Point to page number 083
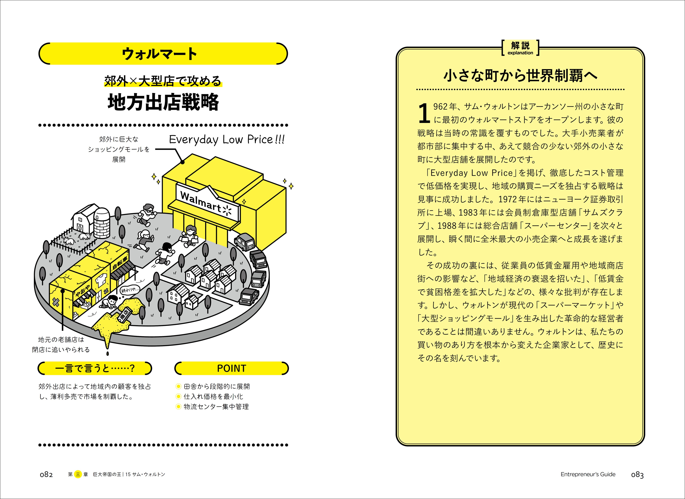tap(637, 475)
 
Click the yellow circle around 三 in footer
tap(78, 474)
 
